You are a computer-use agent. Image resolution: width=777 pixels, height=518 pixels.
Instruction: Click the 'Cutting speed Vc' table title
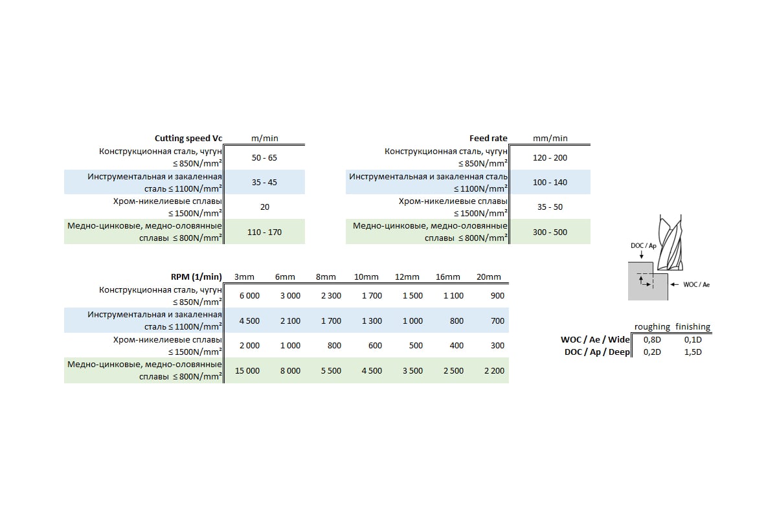point(188,138)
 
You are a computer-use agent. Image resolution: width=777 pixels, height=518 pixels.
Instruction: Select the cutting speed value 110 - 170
point(264,232)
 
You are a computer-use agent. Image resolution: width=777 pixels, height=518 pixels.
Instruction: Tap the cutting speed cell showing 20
point(264,207)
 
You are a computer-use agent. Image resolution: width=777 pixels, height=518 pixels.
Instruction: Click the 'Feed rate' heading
point(488,138)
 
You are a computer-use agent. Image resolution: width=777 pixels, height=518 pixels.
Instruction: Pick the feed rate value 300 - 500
point(550,232)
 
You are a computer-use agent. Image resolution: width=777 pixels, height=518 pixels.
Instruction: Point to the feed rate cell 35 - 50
point(550,207)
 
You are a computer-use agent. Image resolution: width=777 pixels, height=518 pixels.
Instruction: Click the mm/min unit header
point(550,138)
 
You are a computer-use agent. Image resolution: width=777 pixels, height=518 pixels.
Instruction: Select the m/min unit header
point(264,138)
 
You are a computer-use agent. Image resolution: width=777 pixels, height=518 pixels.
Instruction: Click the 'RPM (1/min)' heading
point(196,276)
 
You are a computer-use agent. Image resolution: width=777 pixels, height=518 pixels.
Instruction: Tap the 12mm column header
point(407,277)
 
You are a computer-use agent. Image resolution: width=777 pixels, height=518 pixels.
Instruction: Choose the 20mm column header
point(489,277)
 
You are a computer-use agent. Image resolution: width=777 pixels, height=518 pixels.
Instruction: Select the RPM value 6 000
point(249,295)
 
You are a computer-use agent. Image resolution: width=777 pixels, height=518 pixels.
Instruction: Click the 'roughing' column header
point(652,327)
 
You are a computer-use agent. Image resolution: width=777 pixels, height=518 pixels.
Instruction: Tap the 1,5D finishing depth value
point(693,352)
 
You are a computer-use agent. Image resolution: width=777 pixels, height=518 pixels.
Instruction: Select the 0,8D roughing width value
point(651,339)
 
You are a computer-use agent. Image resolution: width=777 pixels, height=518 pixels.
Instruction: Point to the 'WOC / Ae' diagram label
point(696,284)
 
